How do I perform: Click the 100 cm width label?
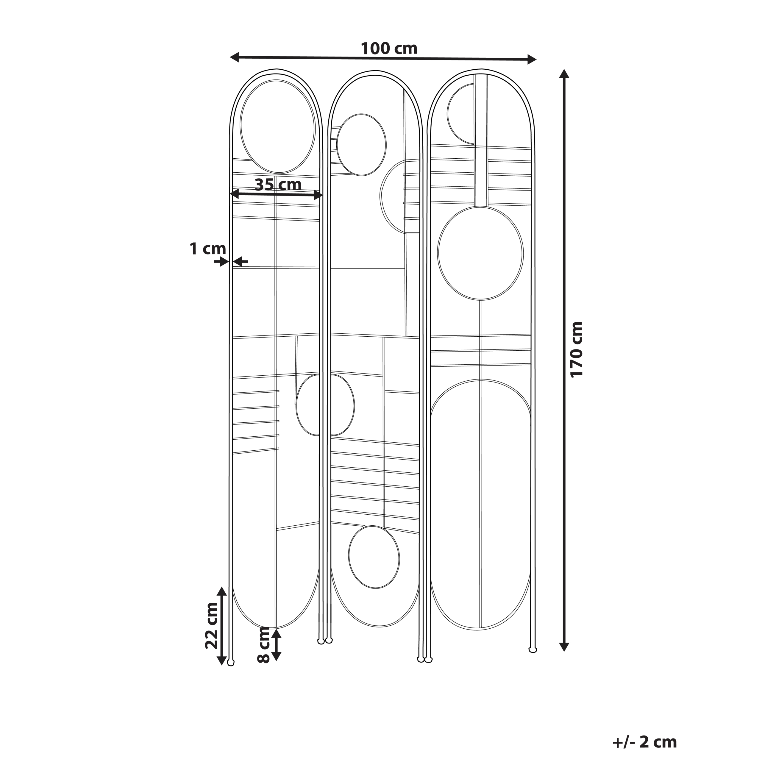click(x=389, y=49)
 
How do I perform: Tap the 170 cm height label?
click(x=576, y=350)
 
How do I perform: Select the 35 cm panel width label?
click(x=278, y=184)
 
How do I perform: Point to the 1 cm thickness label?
click(x=208, y=249)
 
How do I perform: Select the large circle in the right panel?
click(x=480, y=253)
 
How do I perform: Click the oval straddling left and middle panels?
click(x=325, y=405)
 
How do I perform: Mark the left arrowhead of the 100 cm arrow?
click(x=235, y=57)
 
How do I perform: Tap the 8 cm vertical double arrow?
click(x=277, y=644)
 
